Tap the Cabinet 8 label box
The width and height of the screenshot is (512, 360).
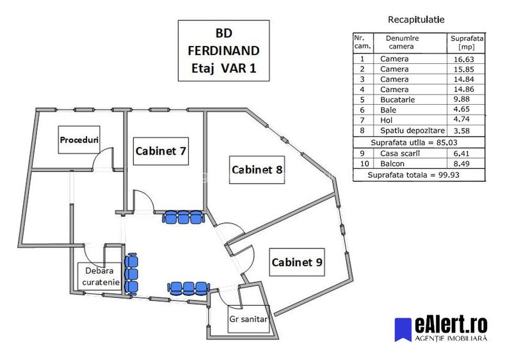click(x=257, y=169)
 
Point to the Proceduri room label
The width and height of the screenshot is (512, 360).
click(x=77, y=139)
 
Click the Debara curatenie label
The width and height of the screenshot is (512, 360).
click(x=100, y=276)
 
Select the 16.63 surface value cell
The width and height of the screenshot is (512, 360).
click(x=466, y=59)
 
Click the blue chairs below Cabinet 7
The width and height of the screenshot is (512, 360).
click(x=183, y=218)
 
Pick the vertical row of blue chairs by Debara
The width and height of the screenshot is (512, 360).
click(x=131, y=272)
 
